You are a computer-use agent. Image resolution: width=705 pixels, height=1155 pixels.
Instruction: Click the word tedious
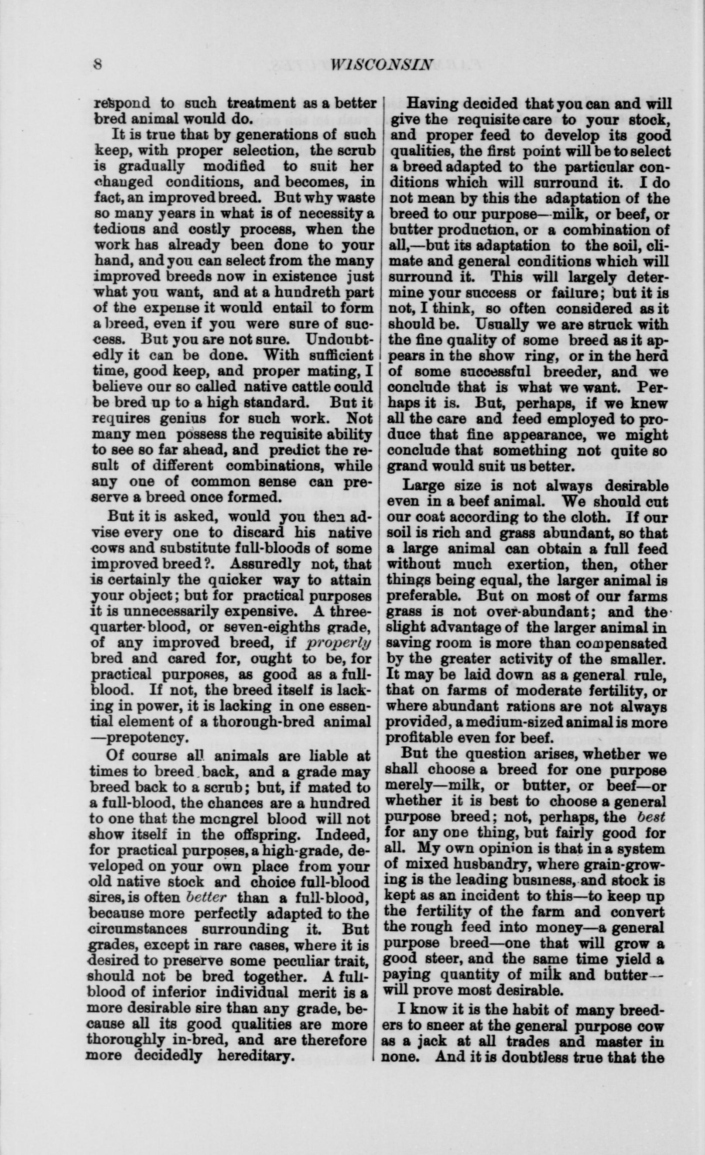[120, 230]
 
